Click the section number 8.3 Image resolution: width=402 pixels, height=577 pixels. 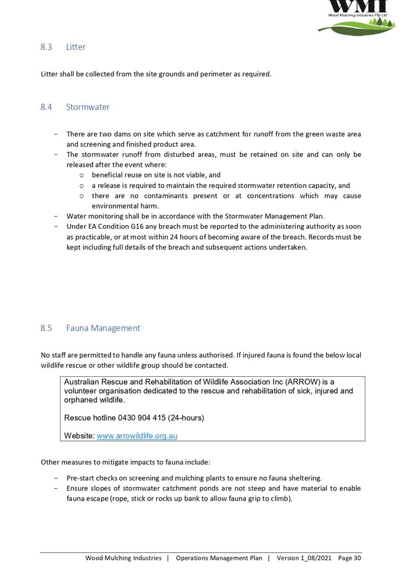[46, 47]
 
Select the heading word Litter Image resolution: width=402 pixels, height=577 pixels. [76, 47]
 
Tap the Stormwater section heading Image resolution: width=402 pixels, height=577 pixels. [88, 107]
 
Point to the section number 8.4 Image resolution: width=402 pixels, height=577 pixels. [46, 107]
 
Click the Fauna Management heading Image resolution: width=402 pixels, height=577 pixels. [103, 328]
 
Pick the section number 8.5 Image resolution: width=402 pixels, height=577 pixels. [46, 328]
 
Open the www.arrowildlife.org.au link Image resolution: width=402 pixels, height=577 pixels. [137, 436]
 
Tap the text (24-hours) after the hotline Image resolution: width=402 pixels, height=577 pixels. [186, 418]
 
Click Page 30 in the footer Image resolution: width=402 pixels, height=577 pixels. [349, 558]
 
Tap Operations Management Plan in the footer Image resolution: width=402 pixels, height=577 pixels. [219, 558]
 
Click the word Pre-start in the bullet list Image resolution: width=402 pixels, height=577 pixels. [80, 478]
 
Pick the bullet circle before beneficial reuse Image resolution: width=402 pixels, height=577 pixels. [82, 175]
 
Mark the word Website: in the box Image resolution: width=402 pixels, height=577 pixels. [79, 436]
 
